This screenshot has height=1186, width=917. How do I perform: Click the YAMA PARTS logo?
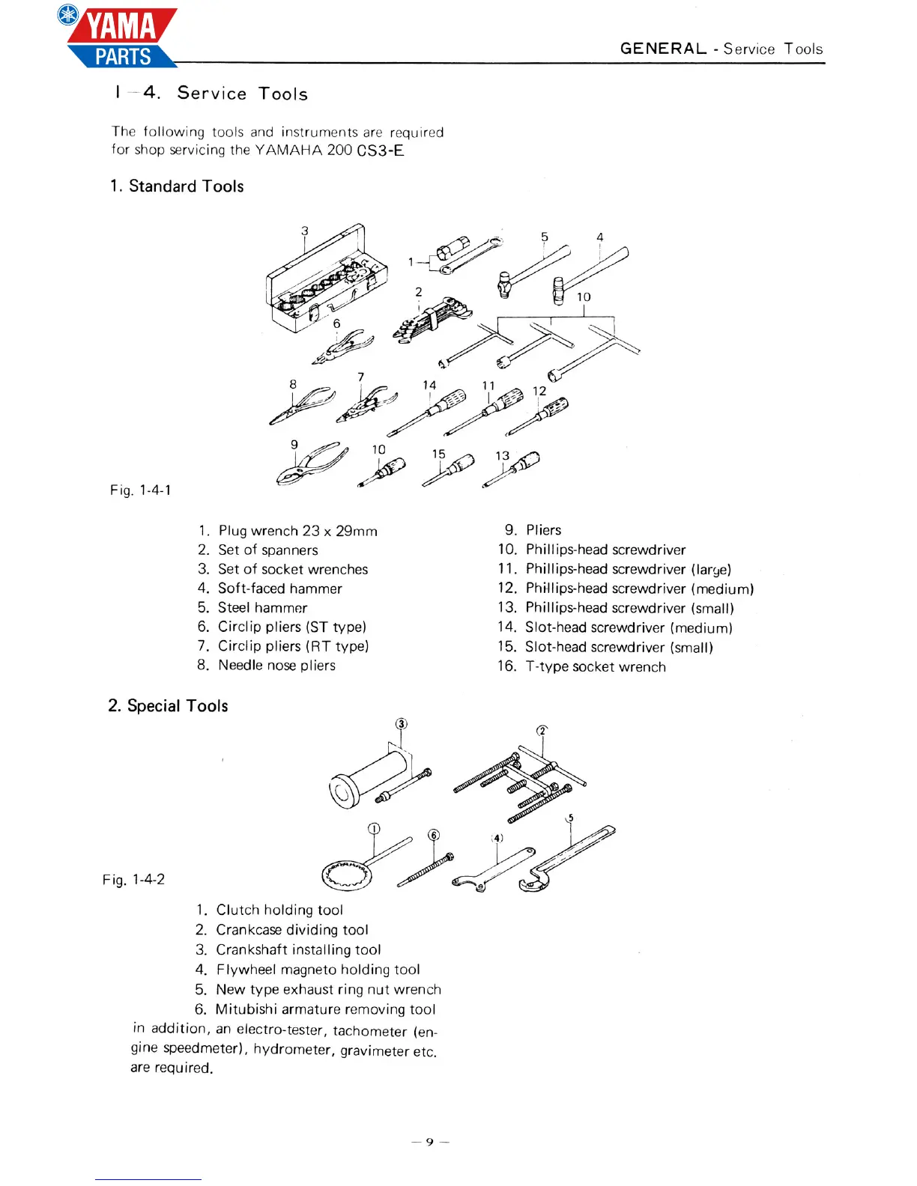point(120,37)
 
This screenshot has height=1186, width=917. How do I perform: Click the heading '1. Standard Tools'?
point(177,186)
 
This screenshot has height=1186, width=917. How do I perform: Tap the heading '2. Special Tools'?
point(168,706)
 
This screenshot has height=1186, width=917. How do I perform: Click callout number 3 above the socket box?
point(305,231)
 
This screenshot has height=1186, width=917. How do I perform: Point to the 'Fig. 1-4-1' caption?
point(141,490)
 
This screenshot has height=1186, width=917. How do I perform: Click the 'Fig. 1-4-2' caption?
point(134,880)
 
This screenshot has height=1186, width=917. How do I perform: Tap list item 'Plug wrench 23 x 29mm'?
point(297,531)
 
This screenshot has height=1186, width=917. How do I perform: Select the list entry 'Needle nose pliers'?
point(276,666)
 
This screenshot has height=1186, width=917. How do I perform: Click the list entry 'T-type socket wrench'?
point(596,667)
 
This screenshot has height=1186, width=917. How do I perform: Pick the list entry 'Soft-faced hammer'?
point(279,589)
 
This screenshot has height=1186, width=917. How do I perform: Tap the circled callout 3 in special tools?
point(402,724)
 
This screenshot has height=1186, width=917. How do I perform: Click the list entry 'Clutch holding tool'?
point(279,910)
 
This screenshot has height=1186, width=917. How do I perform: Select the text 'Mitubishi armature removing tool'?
point(325,1010)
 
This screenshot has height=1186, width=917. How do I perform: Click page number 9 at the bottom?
point(430,1142)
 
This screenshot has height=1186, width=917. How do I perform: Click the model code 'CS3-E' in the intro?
point(381,150)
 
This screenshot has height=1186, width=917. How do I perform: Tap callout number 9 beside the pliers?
point(294,445)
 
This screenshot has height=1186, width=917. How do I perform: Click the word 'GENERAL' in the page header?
point(663,49)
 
